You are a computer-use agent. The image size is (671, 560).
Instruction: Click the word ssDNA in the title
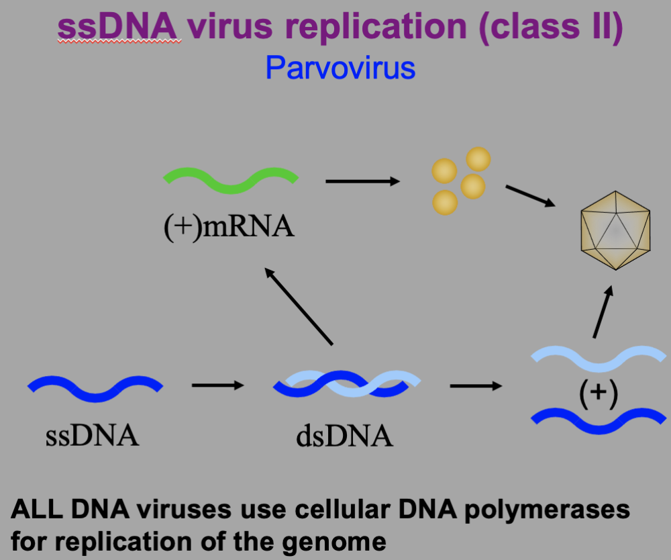pos(119,28)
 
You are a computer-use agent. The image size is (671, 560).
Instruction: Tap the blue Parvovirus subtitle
pos(340,68)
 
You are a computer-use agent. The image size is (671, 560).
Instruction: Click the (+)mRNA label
pos(229,227)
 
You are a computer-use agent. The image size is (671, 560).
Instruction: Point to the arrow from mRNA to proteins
pos(362,181)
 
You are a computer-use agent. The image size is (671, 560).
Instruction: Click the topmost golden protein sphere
pos(478,160)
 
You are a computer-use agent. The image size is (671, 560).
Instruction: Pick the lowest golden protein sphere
pos(445,201)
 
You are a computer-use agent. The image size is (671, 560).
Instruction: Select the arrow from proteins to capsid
pos(530,195)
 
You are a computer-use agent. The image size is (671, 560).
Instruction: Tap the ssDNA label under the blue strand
pos(92,436)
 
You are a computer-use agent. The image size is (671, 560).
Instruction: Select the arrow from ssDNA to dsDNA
pos(217,385)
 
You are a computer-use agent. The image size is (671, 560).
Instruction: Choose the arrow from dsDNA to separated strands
pos(475,386)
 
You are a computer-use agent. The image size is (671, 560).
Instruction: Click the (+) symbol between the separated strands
pos(597,396)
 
